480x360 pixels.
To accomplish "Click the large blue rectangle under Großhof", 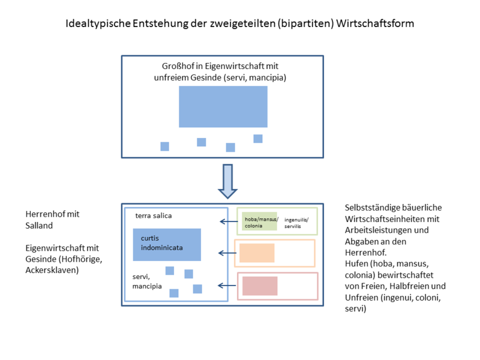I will point(223,106).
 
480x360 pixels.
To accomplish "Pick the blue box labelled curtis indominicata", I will point(167,244).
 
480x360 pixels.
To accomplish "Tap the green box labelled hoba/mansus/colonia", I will point(260,221).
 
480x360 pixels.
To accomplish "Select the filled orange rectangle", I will point(257,253).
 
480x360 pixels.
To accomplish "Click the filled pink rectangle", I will point(260,286).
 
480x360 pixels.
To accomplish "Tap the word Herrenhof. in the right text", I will point(366,252).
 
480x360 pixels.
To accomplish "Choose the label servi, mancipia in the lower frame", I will point(148,282).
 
